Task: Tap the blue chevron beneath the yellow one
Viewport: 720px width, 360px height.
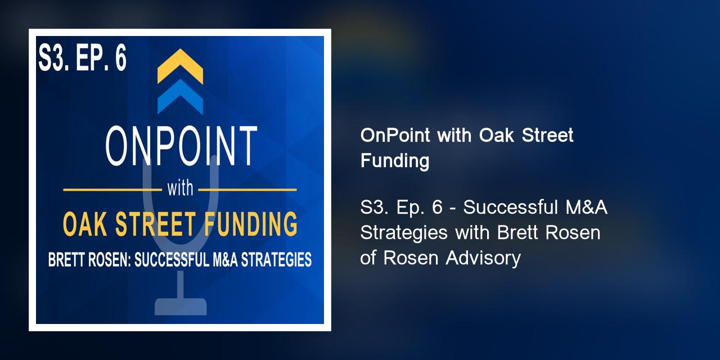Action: click(x=180, y=97)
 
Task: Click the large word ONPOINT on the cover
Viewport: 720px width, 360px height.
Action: click(x=181, y=146)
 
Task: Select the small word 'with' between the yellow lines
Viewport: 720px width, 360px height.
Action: click(x=180, y=189)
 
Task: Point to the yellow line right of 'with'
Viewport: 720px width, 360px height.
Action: click(x=250, y=190)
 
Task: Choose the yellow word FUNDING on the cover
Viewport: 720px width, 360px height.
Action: click(x=253, y=223)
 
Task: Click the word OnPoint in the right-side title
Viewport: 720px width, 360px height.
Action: click(x=389, y=136)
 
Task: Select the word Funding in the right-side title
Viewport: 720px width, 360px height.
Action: click(x=394, y=161)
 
